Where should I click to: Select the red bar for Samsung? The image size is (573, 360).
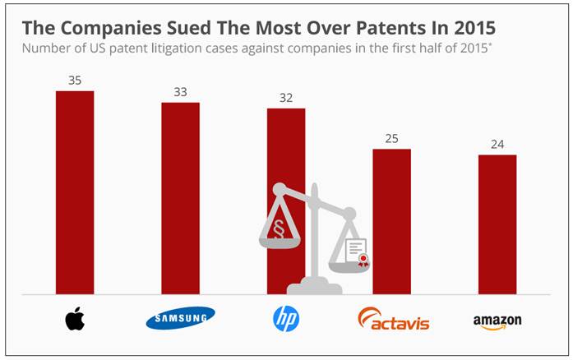tap(180, 197)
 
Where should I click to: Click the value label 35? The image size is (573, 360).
tap(75, 81)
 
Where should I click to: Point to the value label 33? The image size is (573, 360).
tap(180, 92)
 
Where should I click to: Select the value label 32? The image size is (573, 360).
tap(286, 98)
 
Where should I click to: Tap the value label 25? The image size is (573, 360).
tap(391, 138)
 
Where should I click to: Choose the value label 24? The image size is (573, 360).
tap(497, 144)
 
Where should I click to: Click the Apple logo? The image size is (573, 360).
tap(75, 318)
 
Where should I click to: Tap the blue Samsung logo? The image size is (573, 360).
tap(180, 318)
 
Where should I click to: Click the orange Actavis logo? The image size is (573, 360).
tap(394, 318)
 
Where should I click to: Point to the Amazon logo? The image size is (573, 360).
tap(497, 321)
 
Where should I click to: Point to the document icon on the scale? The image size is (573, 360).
tap(356, 251)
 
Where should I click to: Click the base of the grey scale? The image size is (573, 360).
tap(315, 287)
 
